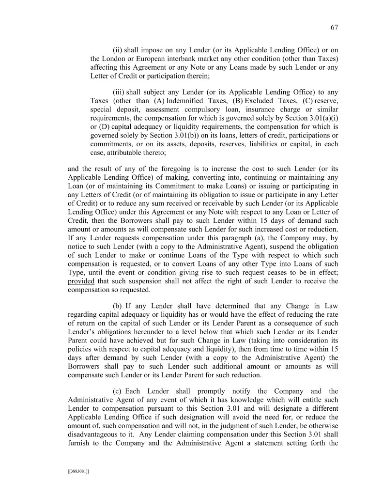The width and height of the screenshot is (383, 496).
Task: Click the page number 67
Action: [334, 27]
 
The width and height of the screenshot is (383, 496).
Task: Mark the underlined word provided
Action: [81, 281]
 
